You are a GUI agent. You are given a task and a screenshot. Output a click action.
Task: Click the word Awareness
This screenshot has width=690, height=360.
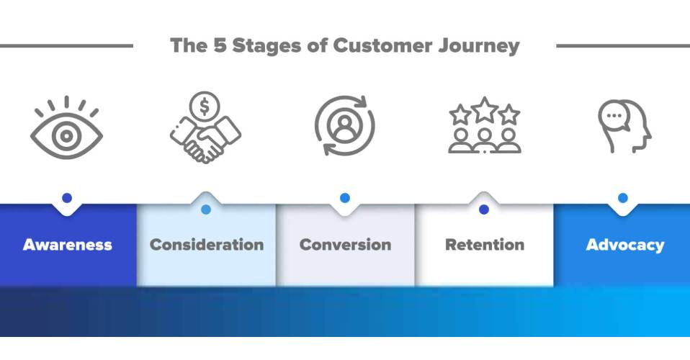pos(67,245)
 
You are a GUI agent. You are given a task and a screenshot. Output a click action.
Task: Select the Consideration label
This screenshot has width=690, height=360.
pos(207,245)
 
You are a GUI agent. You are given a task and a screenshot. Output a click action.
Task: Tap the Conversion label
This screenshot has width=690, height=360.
pos(346,245)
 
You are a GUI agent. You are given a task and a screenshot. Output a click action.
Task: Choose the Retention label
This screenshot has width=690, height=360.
pos(485,245)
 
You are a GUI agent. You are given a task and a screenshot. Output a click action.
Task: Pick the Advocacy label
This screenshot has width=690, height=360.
pos(625,245)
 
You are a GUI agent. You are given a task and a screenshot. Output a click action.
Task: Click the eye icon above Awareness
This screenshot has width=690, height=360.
pos(66,127)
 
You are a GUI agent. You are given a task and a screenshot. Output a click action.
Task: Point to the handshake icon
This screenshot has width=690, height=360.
pos(205,140)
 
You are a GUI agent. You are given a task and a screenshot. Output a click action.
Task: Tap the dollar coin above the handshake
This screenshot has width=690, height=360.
pos(204,107)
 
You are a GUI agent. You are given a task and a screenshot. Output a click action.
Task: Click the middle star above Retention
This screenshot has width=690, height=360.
pos(485,110)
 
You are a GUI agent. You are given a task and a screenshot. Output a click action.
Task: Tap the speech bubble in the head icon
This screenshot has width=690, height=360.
pos(614,117)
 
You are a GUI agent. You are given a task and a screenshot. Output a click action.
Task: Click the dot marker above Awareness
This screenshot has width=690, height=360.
pos(67,198)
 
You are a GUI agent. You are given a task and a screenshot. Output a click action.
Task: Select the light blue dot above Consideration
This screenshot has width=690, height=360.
pos(206,210)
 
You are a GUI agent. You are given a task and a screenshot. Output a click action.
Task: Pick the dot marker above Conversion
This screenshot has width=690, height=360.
pos(345,198)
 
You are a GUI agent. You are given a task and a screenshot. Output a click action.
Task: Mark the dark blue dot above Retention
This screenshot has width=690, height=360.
pos(484,210)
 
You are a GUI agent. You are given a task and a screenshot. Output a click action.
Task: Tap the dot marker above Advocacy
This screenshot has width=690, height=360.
pos(623,198)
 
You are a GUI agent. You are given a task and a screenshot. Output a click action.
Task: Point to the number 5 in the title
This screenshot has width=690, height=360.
pos(220,45)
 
